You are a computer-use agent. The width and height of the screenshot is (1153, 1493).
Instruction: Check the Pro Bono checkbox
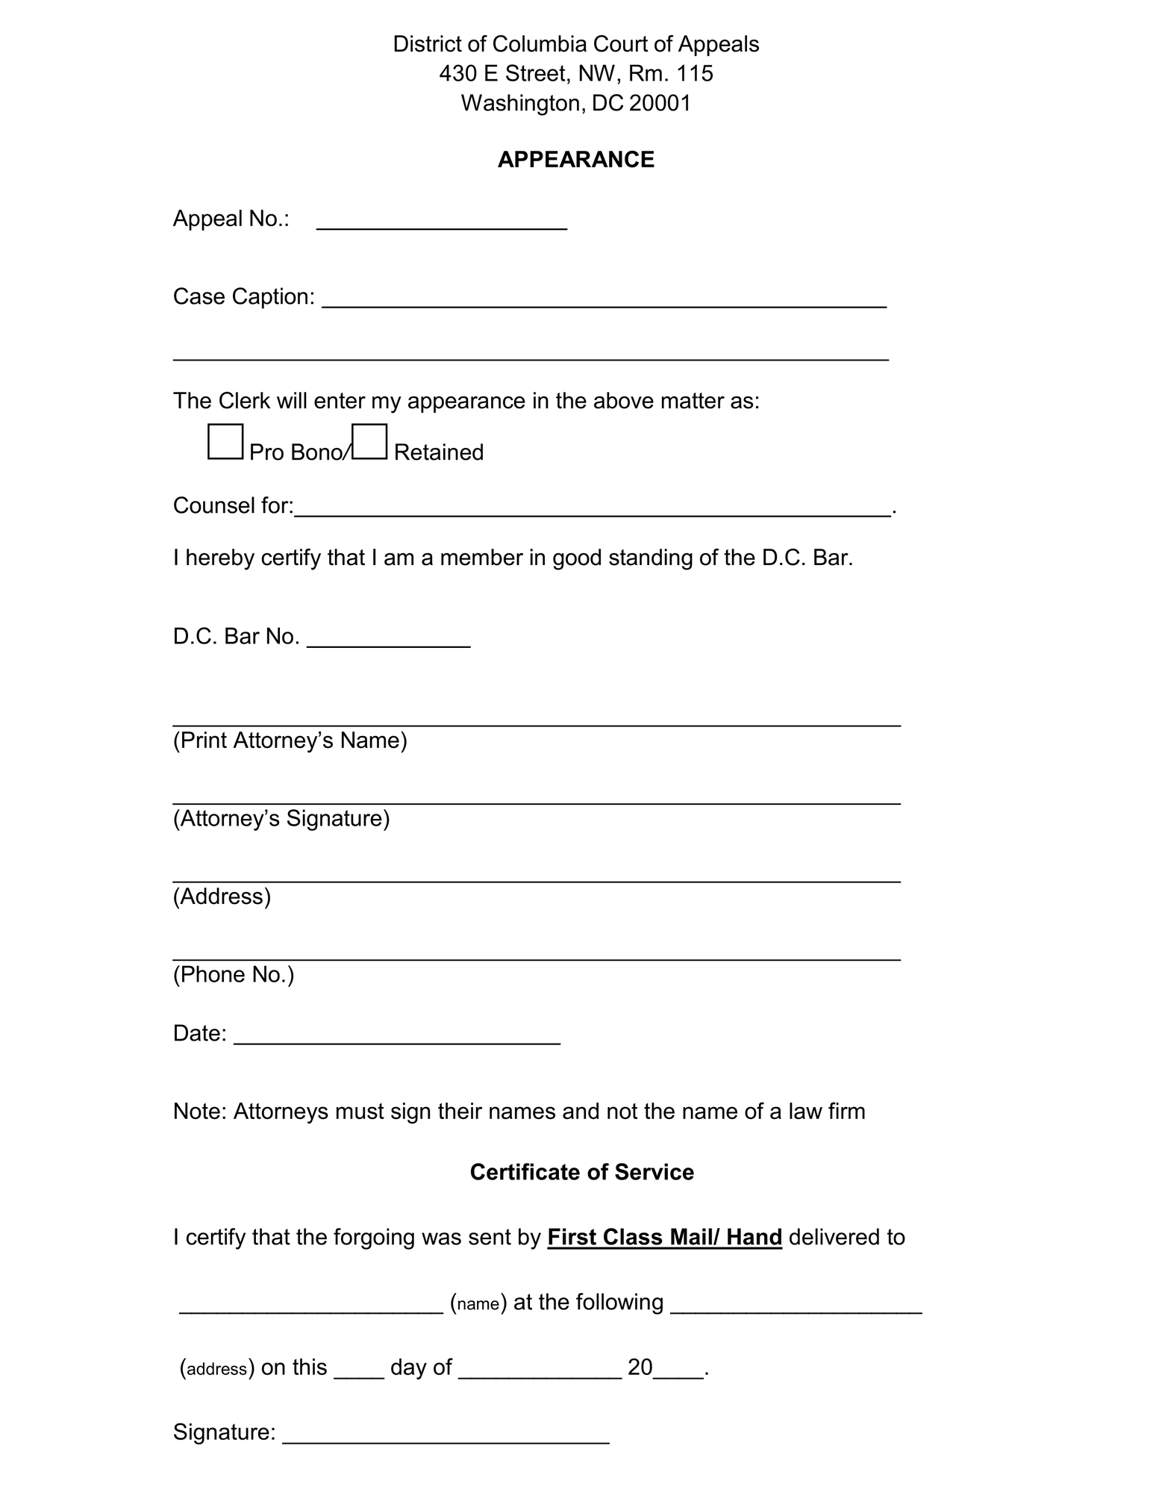225,441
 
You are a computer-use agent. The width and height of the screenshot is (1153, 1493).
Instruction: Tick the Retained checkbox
369,441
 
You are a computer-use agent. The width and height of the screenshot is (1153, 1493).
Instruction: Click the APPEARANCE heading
575,160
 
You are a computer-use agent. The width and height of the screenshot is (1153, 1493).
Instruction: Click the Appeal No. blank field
442,222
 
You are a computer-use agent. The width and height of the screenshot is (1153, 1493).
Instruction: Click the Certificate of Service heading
581,1172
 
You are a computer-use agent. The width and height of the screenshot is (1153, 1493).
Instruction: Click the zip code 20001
660,103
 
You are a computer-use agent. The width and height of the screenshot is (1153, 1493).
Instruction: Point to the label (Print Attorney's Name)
290,741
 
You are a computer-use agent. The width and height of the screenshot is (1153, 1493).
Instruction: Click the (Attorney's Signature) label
281,819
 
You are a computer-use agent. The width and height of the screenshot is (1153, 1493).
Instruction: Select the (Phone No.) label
234,974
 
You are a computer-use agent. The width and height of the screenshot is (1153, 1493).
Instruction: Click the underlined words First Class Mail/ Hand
664,1238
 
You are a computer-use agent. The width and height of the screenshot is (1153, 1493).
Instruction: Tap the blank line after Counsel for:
593,508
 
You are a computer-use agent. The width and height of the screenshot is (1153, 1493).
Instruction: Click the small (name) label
478,1303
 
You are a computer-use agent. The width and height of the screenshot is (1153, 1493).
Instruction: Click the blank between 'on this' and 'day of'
359,1370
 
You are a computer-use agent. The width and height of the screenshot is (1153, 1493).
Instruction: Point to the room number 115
695,73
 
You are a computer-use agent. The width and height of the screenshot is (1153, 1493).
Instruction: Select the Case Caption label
243,297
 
